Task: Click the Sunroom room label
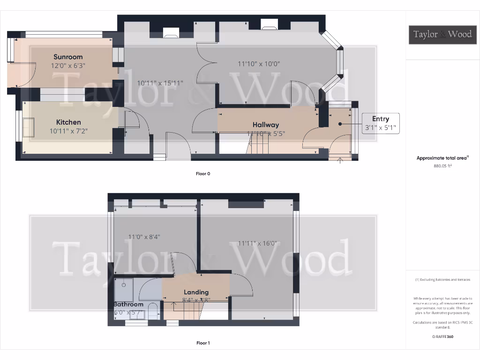tap(68, 57)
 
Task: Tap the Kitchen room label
tap(68, 122)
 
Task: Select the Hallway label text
tap(265, 125)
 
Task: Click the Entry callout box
tap(380, 123)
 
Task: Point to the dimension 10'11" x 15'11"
tap(160, 83)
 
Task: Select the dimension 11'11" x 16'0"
tap(257, 243)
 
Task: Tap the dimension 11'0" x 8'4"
tap(144, 237)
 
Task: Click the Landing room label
tap(196, 292)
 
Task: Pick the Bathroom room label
tap(128, 304)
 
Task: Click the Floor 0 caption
tap(203, 173)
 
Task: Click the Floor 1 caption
tap(203, 343)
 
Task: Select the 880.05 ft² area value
tap(442, 165)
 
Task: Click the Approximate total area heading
tap(442, 158)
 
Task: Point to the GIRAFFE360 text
tap(442, 337)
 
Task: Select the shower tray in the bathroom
tap(124, 289)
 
